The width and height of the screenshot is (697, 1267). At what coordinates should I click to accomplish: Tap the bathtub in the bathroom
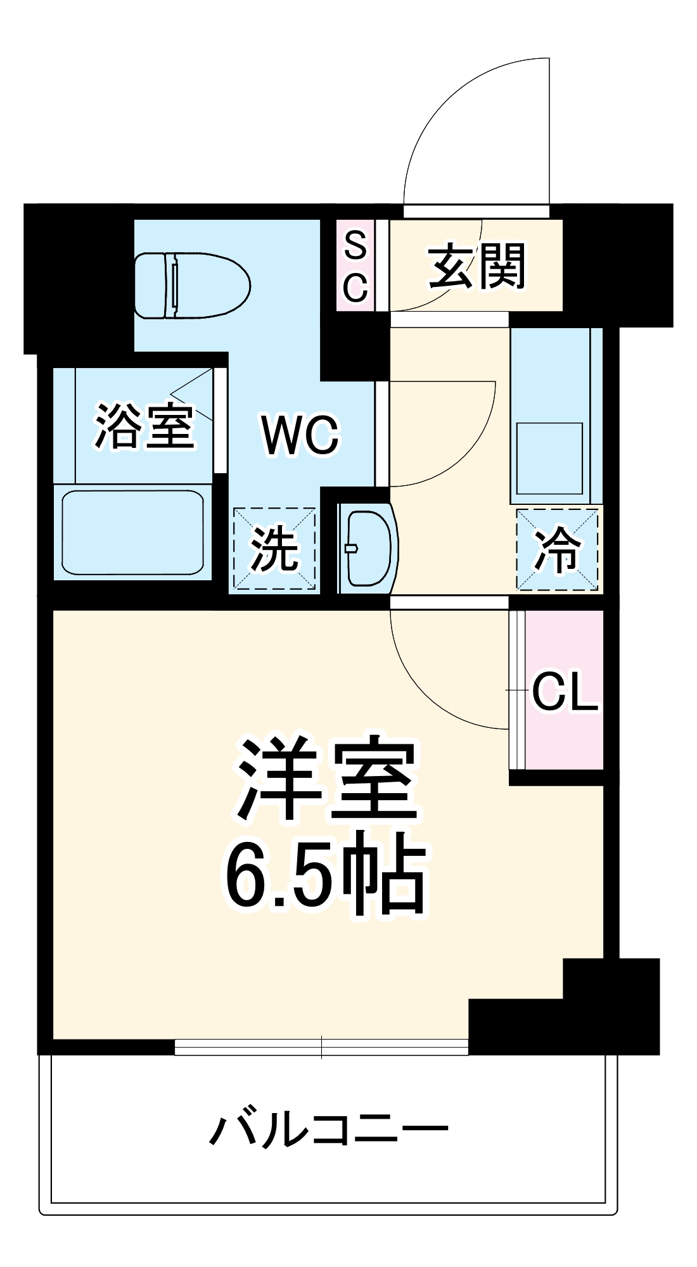tap(132, 532)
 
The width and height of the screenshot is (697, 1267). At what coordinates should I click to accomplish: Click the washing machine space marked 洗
tap(274, 549)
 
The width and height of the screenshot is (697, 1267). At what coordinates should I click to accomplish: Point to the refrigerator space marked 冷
tap(557, 549)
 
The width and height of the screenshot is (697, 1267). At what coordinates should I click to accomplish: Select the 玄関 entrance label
tap(476, 266)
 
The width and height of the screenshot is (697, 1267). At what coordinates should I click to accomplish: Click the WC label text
tap(300, 435)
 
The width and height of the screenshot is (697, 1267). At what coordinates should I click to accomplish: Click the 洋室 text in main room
tap(327, 778)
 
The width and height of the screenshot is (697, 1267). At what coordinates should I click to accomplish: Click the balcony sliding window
tap(321, 1047)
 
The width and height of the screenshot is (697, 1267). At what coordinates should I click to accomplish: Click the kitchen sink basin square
tap(549, 458)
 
